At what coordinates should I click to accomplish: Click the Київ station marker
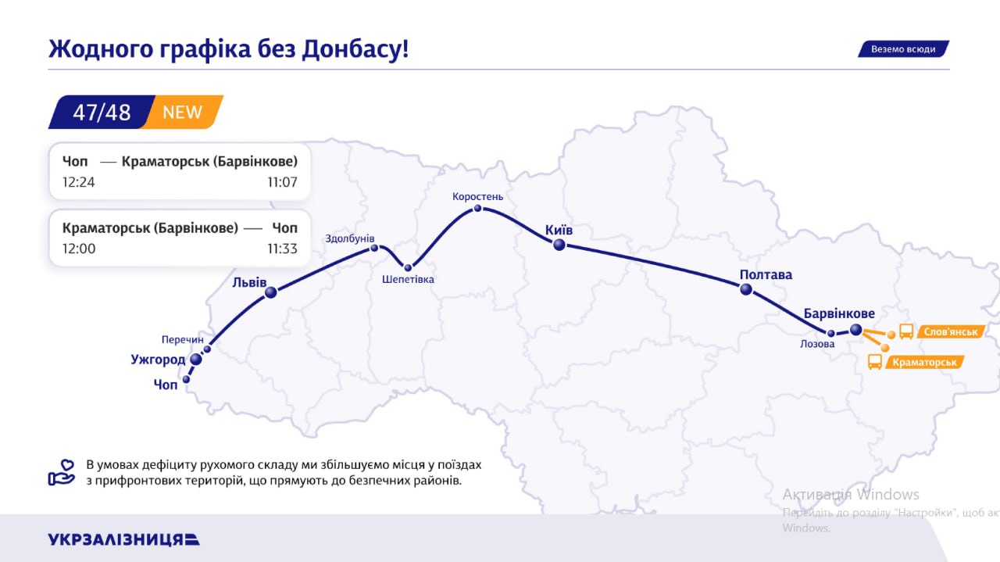559,245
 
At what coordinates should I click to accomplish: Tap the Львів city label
249,281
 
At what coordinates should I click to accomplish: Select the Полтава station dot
746,289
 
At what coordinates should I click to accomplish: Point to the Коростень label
478,196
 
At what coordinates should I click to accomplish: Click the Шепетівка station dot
408,267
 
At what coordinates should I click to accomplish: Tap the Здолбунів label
350,238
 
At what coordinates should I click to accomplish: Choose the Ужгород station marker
196,360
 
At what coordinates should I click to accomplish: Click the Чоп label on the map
166,385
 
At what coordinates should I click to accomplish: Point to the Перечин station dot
207,349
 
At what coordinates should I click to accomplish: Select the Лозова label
817,343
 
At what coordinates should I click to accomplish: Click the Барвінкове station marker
855,330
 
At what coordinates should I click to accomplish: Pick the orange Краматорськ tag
924,362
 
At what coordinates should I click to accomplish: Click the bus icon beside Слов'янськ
906,331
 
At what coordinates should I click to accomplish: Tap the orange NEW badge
183,112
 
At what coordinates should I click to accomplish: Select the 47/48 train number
102,112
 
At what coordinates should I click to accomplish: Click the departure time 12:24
78,182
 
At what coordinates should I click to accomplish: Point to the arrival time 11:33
282,249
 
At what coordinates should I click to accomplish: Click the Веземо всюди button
903,48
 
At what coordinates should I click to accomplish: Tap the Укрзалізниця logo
123,539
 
